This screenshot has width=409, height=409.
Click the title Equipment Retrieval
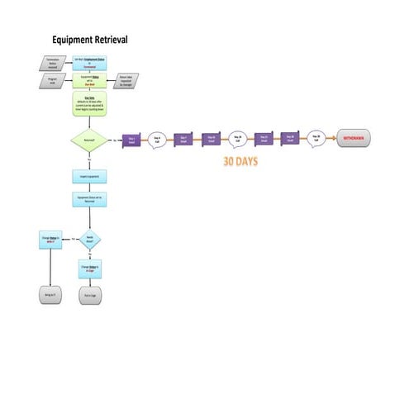[89, 40]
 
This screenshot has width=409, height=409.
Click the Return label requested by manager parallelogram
[126, 81]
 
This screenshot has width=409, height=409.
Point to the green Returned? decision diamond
[88, 140]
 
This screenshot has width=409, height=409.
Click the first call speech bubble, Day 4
[158, 140]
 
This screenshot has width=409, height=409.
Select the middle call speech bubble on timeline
[237, 139]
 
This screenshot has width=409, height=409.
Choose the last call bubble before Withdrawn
[316, 139]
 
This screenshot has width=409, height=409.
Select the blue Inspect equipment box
[88, 176]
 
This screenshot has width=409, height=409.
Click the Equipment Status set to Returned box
[88, 199]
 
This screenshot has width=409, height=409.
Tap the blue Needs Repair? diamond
[89, 239]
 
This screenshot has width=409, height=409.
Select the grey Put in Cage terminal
[89, 293]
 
